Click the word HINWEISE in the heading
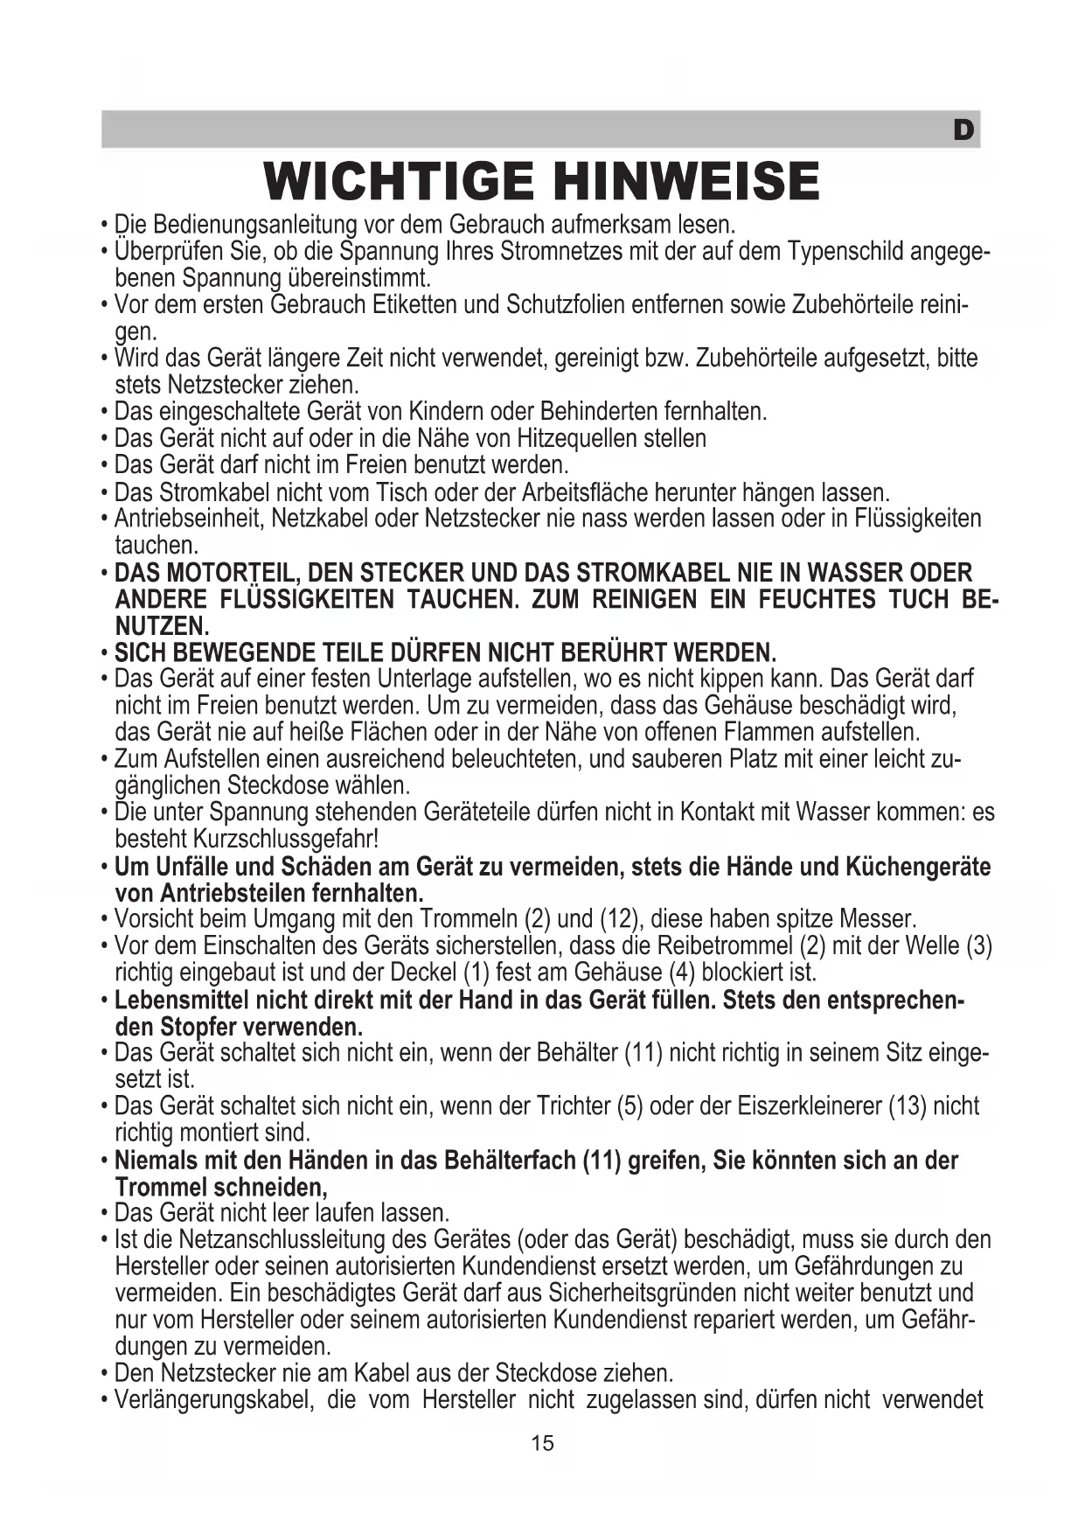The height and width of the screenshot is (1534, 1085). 687,181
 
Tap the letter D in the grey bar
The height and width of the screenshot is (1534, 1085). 963,131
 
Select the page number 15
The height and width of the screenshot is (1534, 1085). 542,1443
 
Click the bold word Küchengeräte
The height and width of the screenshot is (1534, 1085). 918,868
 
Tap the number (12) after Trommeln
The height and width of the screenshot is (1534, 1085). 620,920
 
